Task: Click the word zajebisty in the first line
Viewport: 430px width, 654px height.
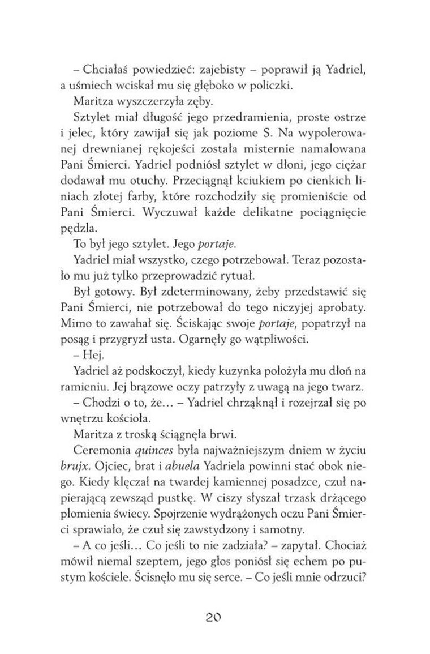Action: [x=222, y=70]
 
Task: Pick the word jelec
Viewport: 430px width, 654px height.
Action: [x=91, y=136]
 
